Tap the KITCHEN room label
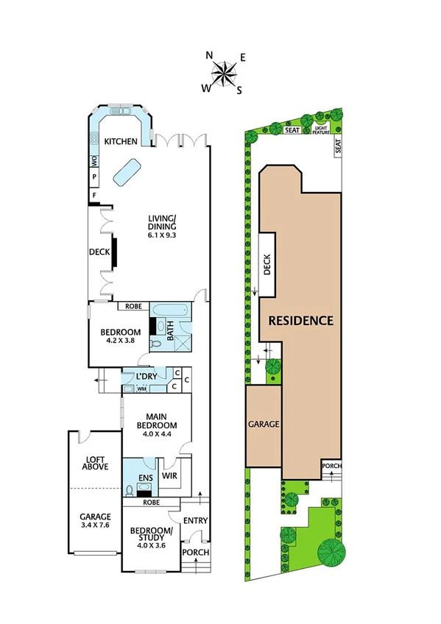(121, 142)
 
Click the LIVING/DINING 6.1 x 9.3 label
(161, 226)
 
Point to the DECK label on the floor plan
(99, 252)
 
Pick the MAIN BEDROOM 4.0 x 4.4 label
(157, 425)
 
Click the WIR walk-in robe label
(169, 476)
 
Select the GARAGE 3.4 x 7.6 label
(95, 521)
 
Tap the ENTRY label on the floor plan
(195, 520)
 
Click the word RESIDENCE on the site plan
(300, 320)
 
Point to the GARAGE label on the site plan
(263, 425)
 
